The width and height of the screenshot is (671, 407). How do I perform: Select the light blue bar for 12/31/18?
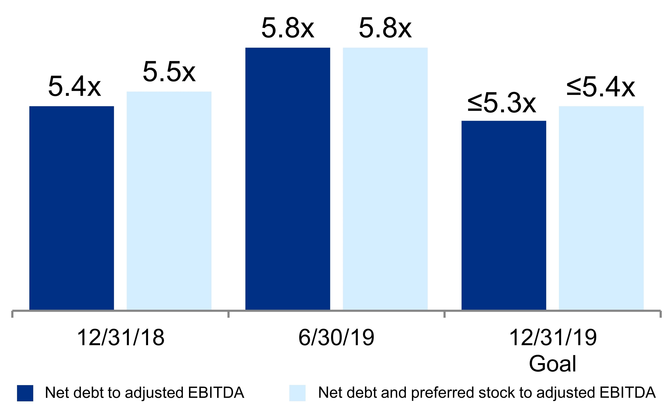pos(169,201)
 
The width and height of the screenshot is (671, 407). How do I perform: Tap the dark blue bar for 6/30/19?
pos(288,179)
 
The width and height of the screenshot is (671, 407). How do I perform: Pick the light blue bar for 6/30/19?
pos(385,179)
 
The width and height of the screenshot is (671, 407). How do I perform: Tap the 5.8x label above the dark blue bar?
pos(288,28)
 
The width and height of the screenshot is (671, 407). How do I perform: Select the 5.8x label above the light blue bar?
pos(385,28)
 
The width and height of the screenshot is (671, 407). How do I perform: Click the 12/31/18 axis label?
pos(121,338)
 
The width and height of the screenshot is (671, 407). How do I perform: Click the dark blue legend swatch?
pos(25,393)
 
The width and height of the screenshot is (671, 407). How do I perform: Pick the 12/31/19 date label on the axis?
pos(553,338)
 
